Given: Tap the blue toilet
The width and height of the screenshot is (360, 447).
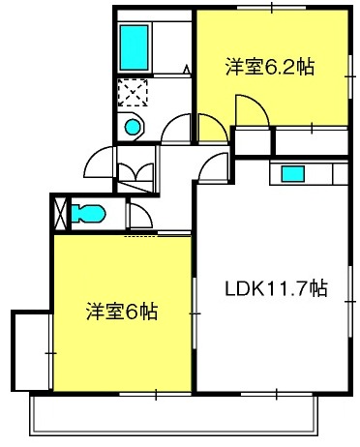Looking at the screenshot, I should (89, 212).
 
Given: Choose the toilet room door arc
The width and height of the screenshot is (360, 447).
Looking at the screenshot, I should (138, 215).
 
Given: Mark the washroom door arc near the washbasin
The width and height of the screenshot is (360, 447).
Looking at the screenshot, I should (176, 130).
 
